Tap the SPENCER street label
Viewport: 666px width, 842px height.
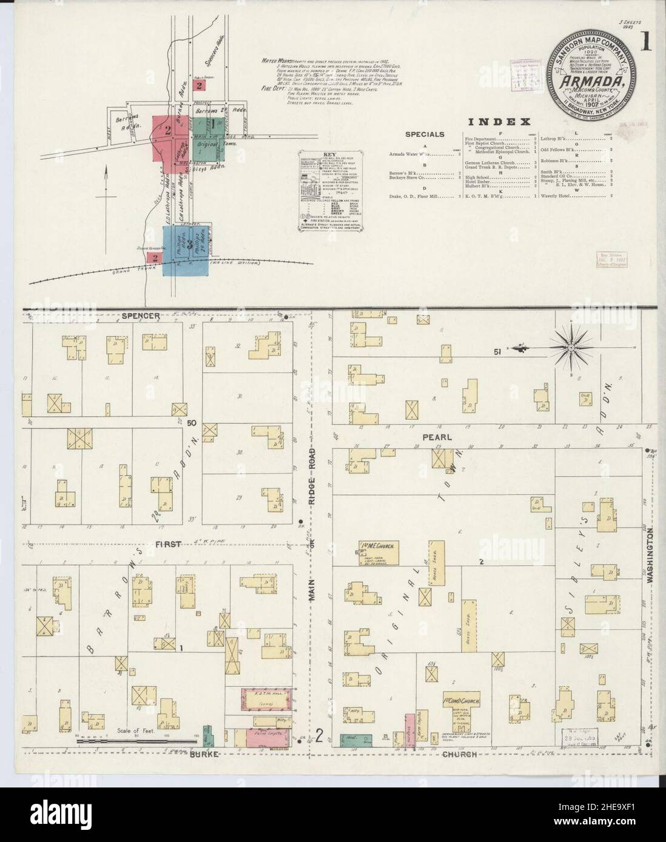(x=140, y=316)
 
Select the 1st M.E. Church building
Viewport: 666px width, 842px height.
(x=377, y=548)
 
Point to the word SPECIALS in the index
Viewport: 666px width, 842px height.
(x=425, y=134)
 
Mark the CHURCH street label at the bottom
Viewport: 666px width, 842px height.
(x=460, y=754)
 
